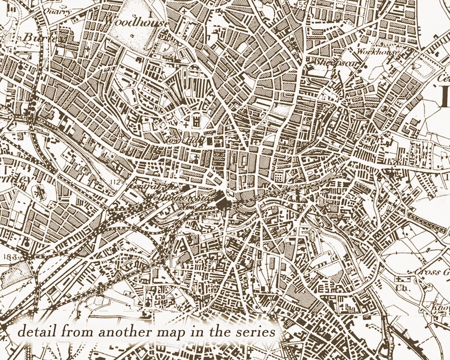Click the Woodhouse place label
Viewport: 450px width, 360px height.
point(137,22)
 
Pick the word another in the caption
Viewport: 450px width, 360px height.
point(125,330)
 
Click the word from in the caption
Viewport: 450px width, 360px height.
point(74,330)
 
